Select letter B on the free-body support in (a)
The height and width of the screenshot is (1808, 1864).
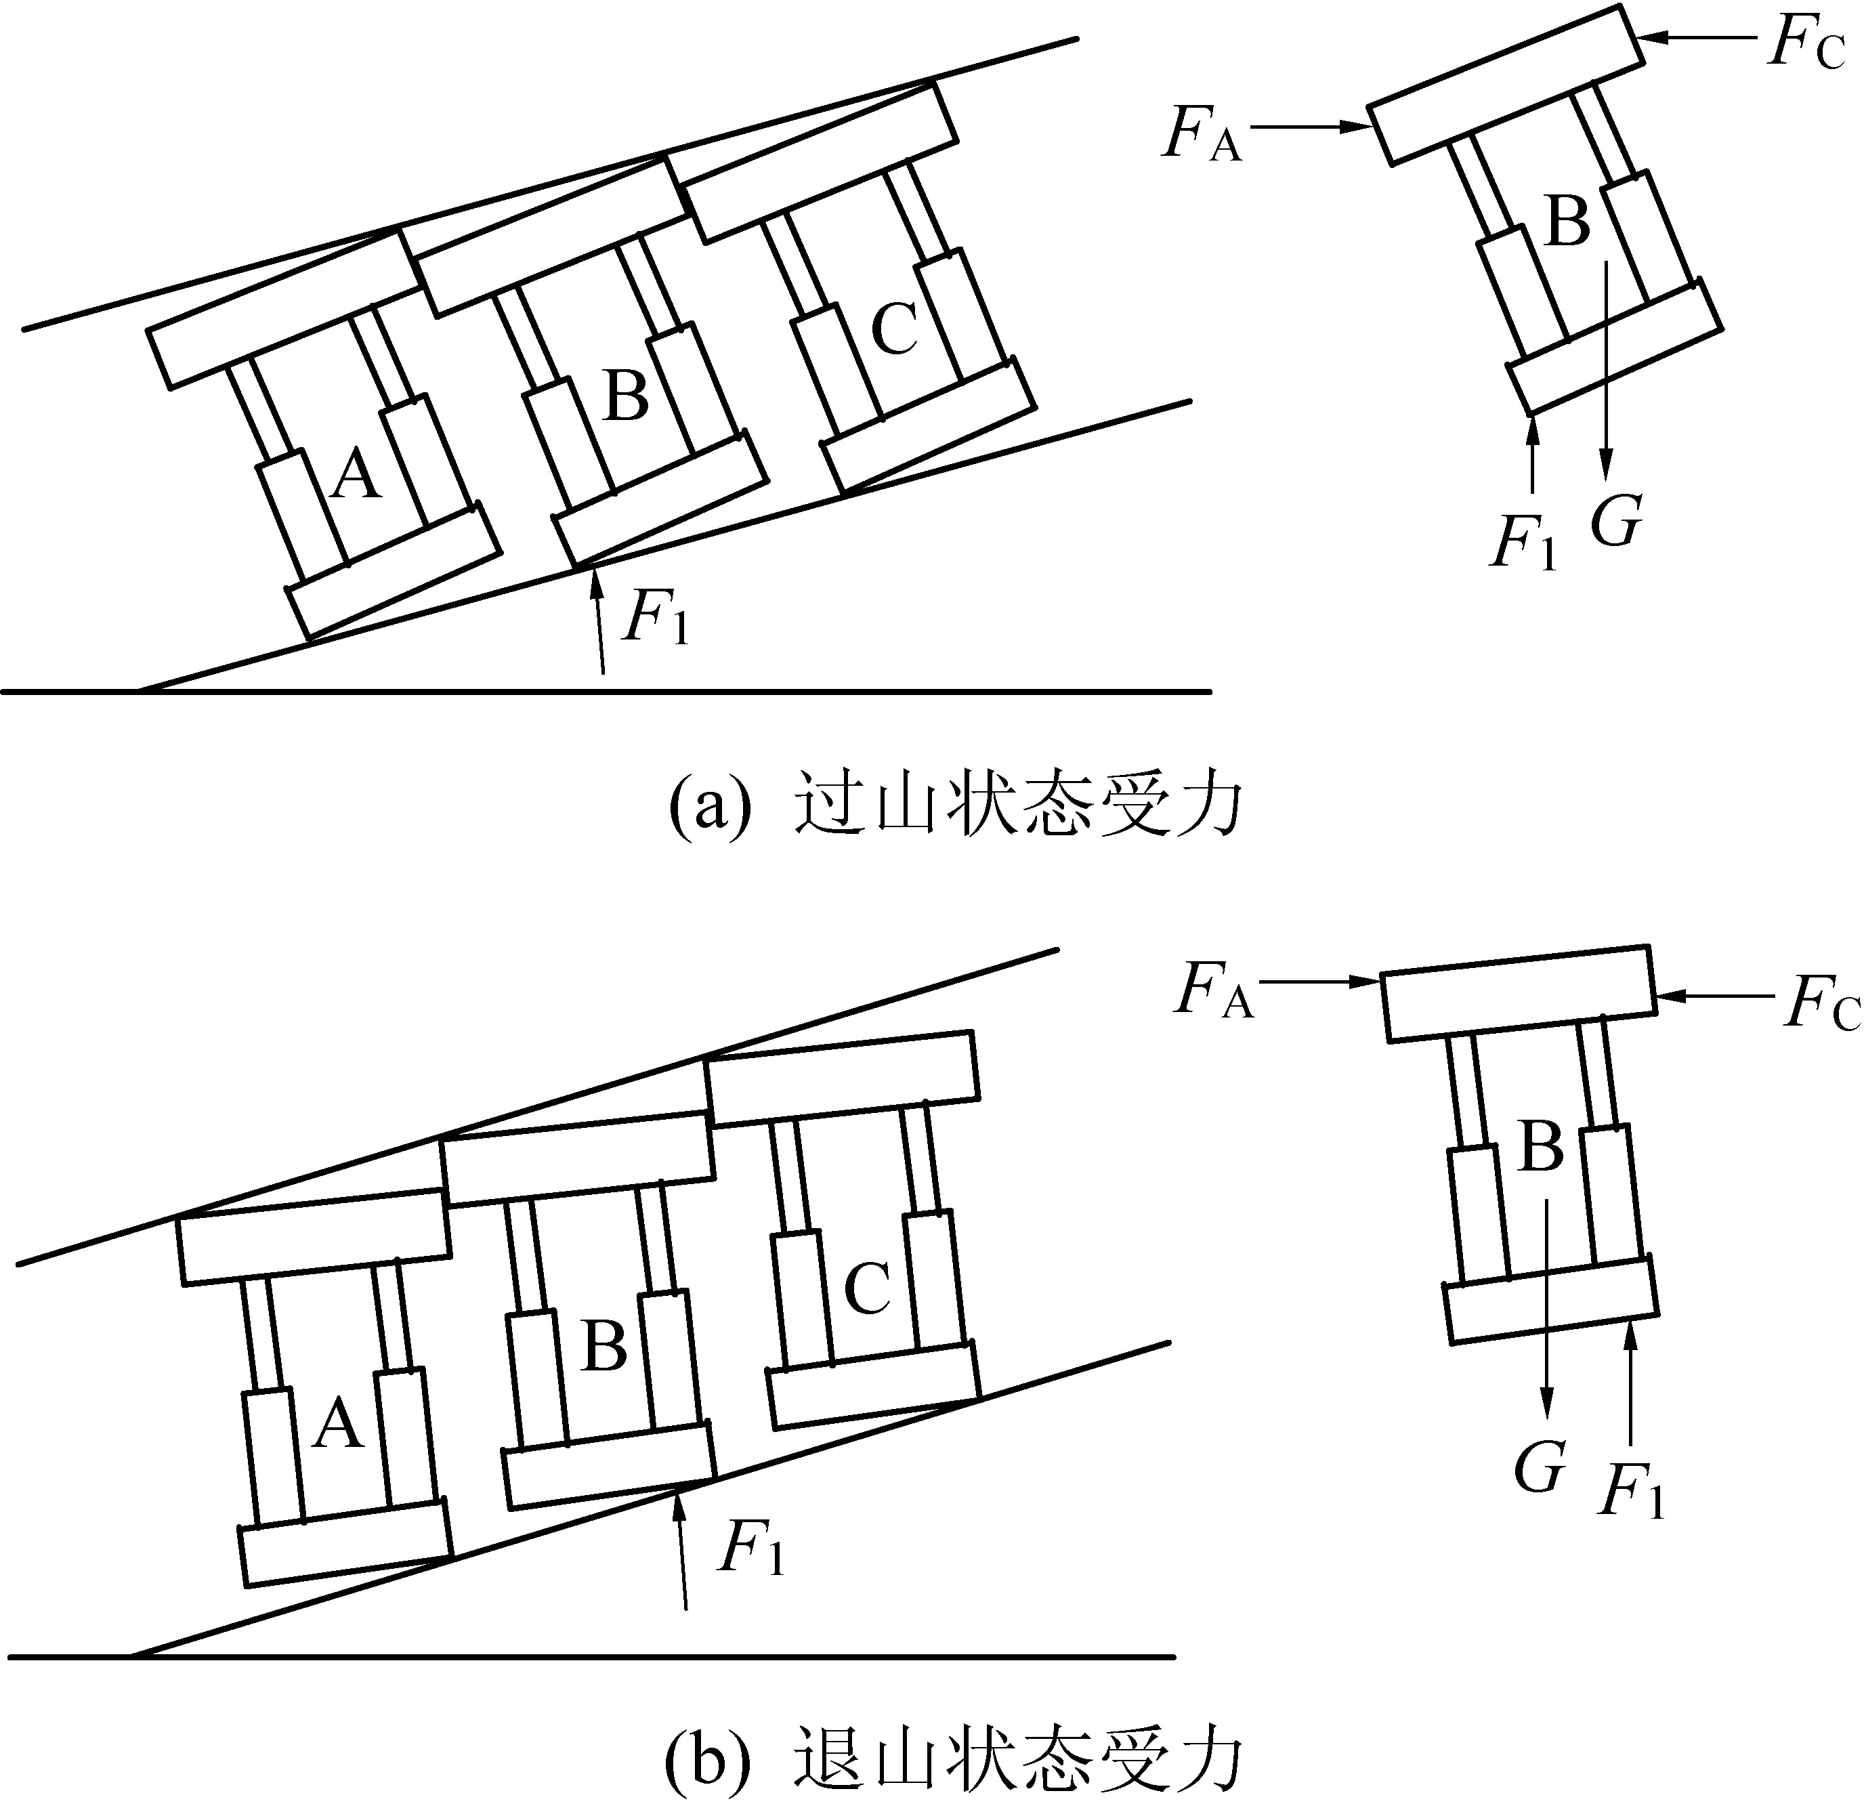(x=1568, y=222)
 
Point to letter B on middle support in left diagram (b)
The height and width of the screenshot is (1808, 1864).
(x=604, y=1347)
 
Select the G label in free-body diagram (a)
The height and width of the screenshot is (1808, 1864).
(x=1616, y=521)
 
